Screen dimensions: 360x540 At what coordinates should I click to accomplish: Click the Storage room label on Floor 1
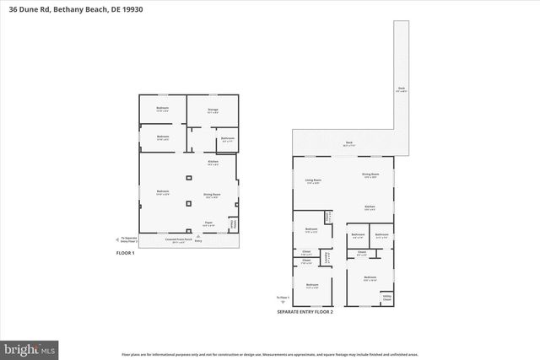213,109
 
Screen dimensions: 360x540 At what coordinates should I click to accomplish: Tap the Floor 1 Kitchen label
213,162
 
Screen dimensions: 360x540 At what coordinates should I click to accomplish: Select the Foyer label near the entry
208,224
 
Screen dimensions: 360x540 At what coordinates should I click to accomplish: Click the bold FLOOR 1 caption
126,252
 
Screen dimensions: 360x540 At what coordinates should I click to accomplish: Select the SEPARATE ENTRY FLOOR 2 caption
305,312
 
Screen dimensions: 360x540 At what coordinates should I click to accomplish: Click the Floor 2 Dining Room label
370,175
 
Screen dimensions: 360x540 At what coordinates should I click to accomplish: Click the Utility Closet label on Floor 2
386,298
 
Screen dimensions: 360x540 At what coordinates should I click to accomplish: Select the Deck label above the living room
348,142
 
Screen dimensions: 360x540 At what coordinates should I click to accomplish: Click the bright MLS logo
30,347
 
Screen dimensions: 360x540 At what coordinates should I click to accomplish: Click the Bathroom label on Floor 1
227,138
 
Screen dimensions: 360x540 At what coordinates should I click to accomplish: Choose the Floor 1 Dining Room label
212,195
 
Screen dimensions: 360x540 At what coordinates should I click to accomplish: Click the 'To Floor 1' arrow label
283,298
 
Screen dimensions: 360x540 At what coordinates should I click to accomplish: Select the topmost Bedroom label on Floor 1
162,109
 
